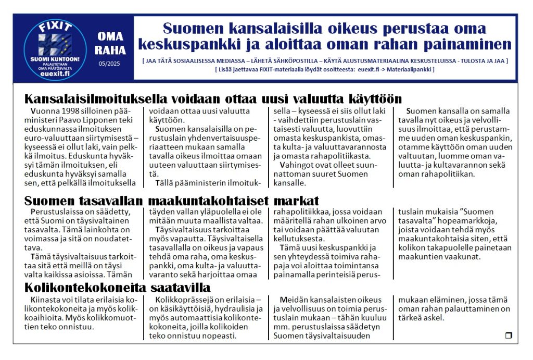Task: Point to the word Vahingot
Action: click(298, 164)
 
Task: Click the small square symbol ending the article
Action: click(509, 336)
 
